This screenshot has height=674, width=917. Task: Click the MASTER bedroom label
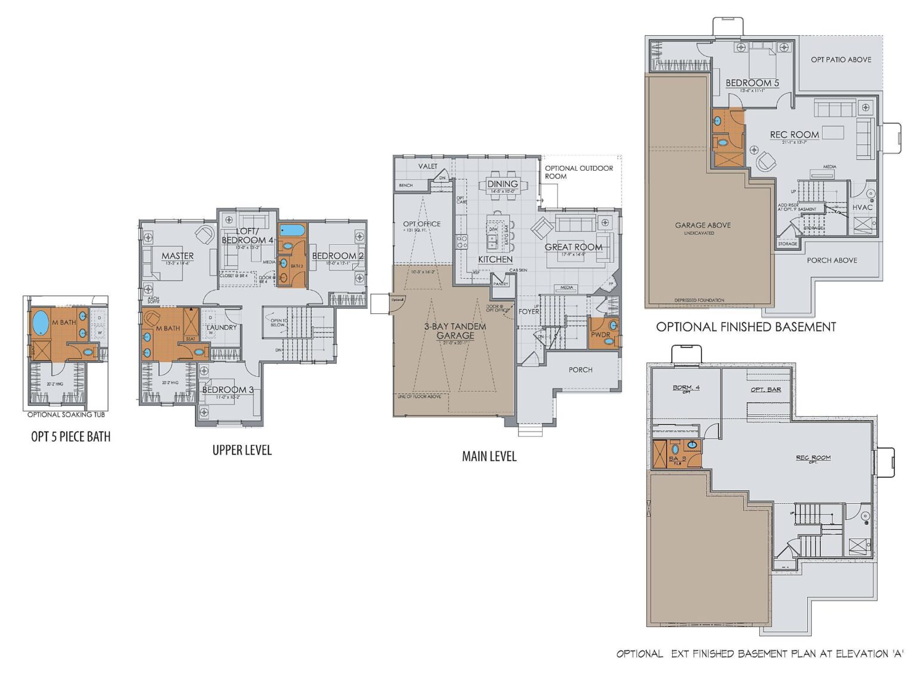pos(177,256)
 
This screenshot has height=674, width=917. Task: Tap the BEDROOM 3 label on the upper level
pos(227,390)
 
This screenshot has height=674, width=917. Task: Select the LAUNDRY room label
pos(221,328)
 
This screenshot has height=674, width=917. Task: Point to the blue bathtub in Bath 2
pos(292,230)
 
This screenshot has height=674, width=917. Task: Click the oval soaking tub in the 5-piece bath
pos(40,323)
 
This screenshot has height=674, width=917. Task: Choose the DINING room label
pos(502,184)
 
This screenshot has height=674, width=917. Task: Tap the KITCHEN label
pos(495,260)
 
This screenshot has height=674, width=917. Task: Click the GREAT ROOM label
pos(573,247)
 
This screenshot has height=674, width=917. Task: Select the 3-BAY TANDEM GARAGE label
pos(455,331)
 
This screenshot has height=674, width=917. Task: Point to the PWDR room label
pos(600,335)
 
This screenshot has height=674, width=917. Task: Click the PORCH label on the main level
pos(580,370)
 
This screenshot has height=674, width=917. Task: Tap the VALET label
pos(427,167)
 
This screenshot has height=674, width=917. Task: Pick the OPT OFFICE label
pos(421,224)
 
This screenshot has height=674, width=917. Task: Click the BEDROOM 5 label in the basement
pos(752,83)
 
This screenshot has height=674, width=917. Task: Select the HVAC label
pos(862,207)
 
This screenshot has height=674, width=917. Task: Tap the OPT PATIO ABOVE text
pos(841,60)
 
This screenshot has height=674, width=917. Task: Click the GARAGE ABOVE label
pos(703,225)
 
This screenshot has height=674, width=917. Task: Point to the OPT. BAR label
pos(765,389)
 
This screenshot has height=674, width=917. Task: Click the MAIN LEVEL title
pos(489,457)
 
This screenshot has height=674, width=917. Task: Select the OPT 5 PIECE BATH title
pos(70,437)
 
